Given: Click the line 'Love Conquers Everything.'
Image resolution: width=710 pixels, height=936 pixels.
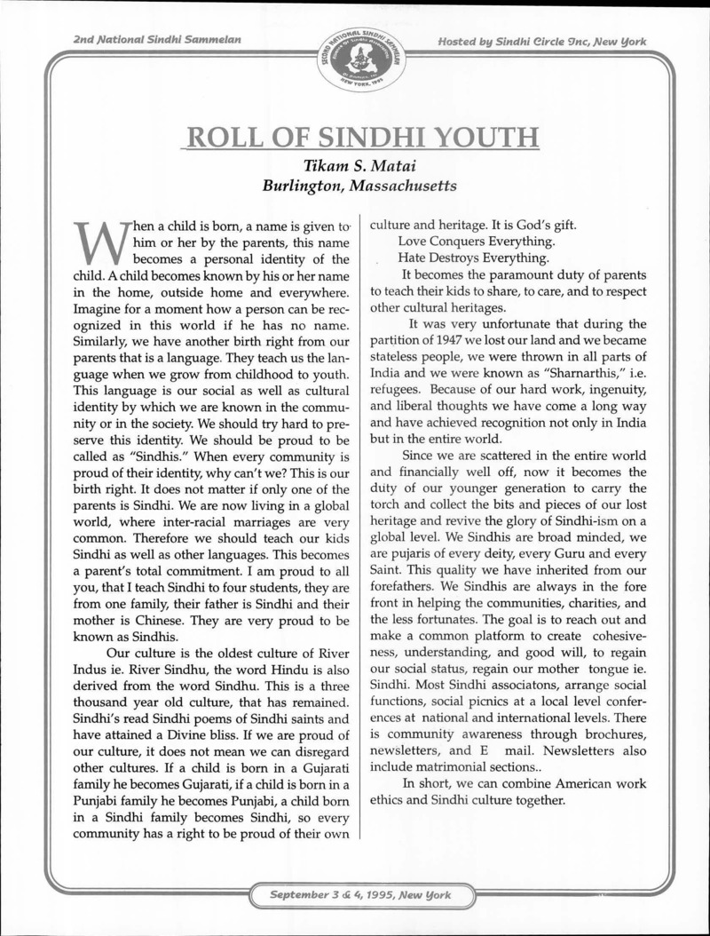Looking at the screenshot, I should [477, 242].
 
